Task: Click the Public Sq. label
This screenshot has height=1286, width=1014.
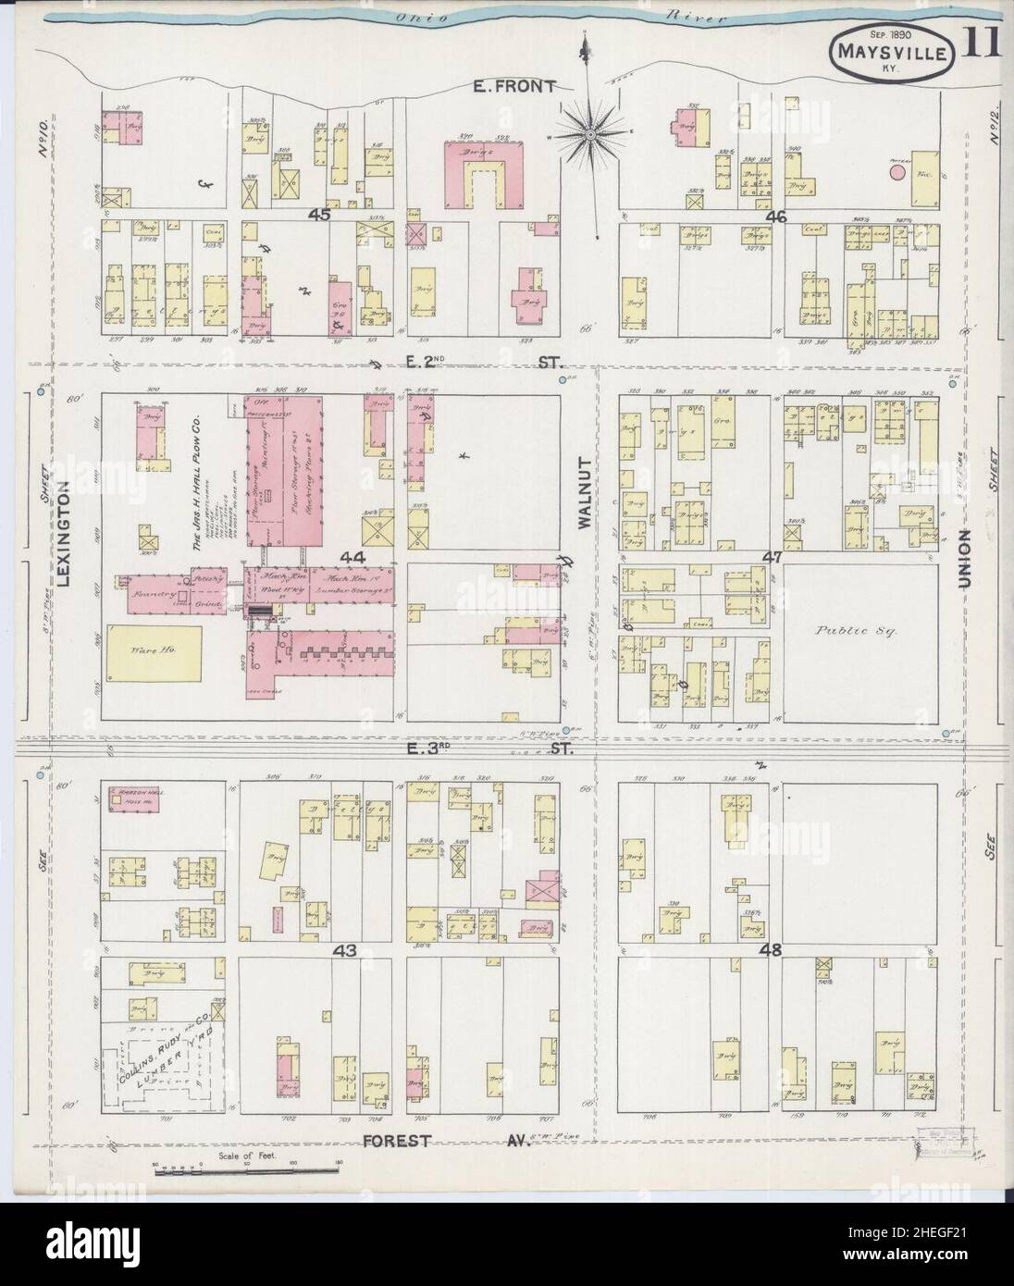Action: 847,630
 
